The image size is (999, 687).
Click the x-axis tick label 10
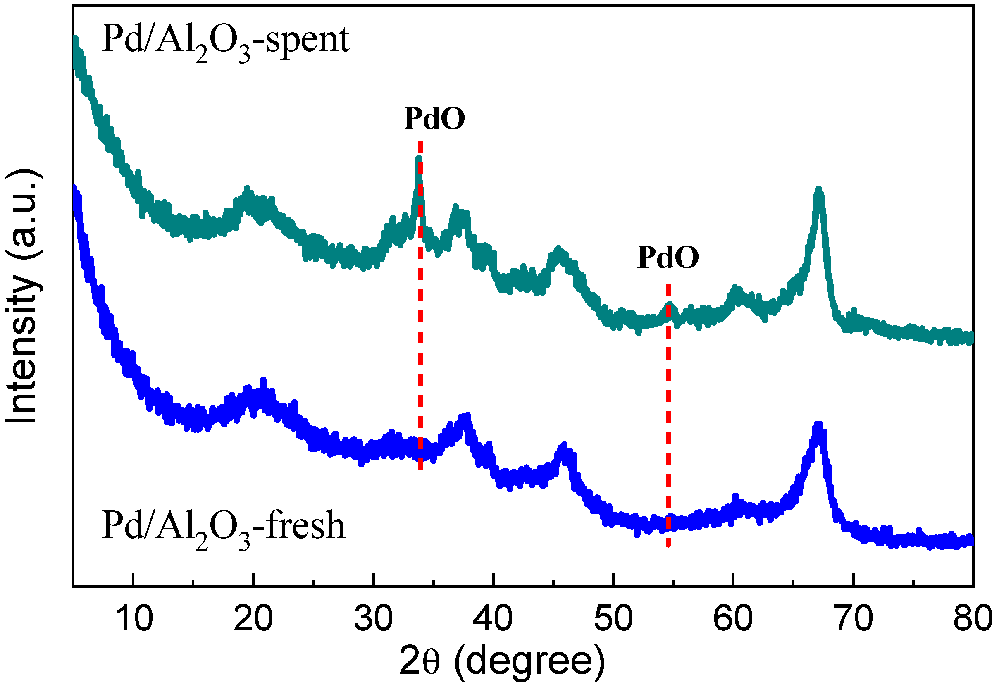tap(134, 619)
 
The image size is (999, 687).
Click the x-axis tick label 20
tap(253, 619)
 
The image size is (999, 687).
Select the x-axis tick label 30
tap(374, 619)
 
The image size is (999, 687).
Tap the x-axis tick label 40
tap(493, 619)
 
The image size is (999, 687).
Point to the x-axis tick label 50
tap(613, 619)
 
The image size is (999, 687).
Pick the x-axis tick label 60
tap(732, 619)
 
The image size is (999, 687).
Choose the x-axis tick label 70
tap(853, 619)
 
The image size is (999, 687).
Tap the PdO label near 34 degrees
tap(434, 118)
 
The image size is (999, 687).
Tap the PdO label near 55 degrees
tap(668, 258)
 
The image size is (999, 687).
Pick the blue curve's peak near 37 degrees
tap(466, 417)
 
